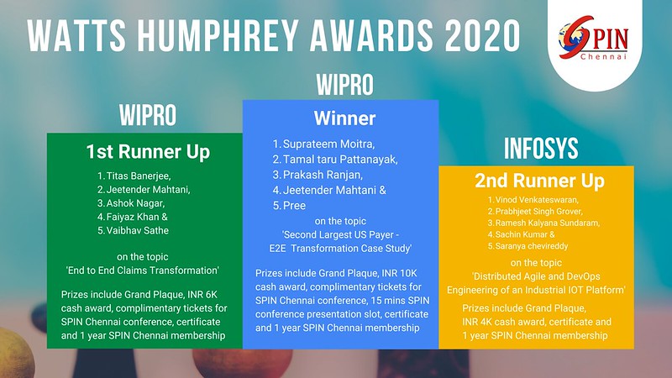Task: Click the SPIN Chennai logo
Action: pyautogui.click(x=594, y=38)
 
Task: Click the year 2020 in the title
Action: pyautogui.click(x=482, y=36)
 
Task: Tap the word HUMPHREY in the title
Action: pyautogui.click(x=218, y=36)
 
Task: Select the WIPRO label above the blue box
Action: pyautogui.click(x=345, y=85)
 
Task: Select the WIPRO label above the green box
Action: pyautogui.click(x=148, y=115)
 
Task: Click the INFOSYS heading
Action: pyautogui.click(x=541, y=149)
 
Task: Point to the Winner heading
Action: pyautogui.click(x=344, y=118)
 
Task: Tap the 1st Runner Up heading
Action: pyautogui.click(x=148, y=152)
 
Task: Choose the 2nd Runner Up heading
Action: pyautogui.click(x=539, y=181)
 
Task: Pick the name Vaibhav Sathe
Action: pyautogui.click(x=138, y=230)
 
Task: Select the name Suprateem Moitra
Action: pyautogui.click(x=328, y=144)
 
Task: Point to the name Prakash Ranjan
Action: pyautogui.click(x=323, y=175)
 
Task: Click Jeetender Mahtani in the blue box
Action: pyautogui.click(x=329, y=190)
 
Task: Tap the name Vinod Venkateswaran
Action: pyautogui.click(x=537, y=200)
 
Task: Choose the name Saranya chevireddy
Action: pyautogui.click(x=532, y=246)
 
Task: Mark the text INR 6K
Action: pyautogui.click(x=202, y=295)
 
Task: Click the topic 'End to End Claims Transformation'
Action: pyautogui.click(x=142, y=270)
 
